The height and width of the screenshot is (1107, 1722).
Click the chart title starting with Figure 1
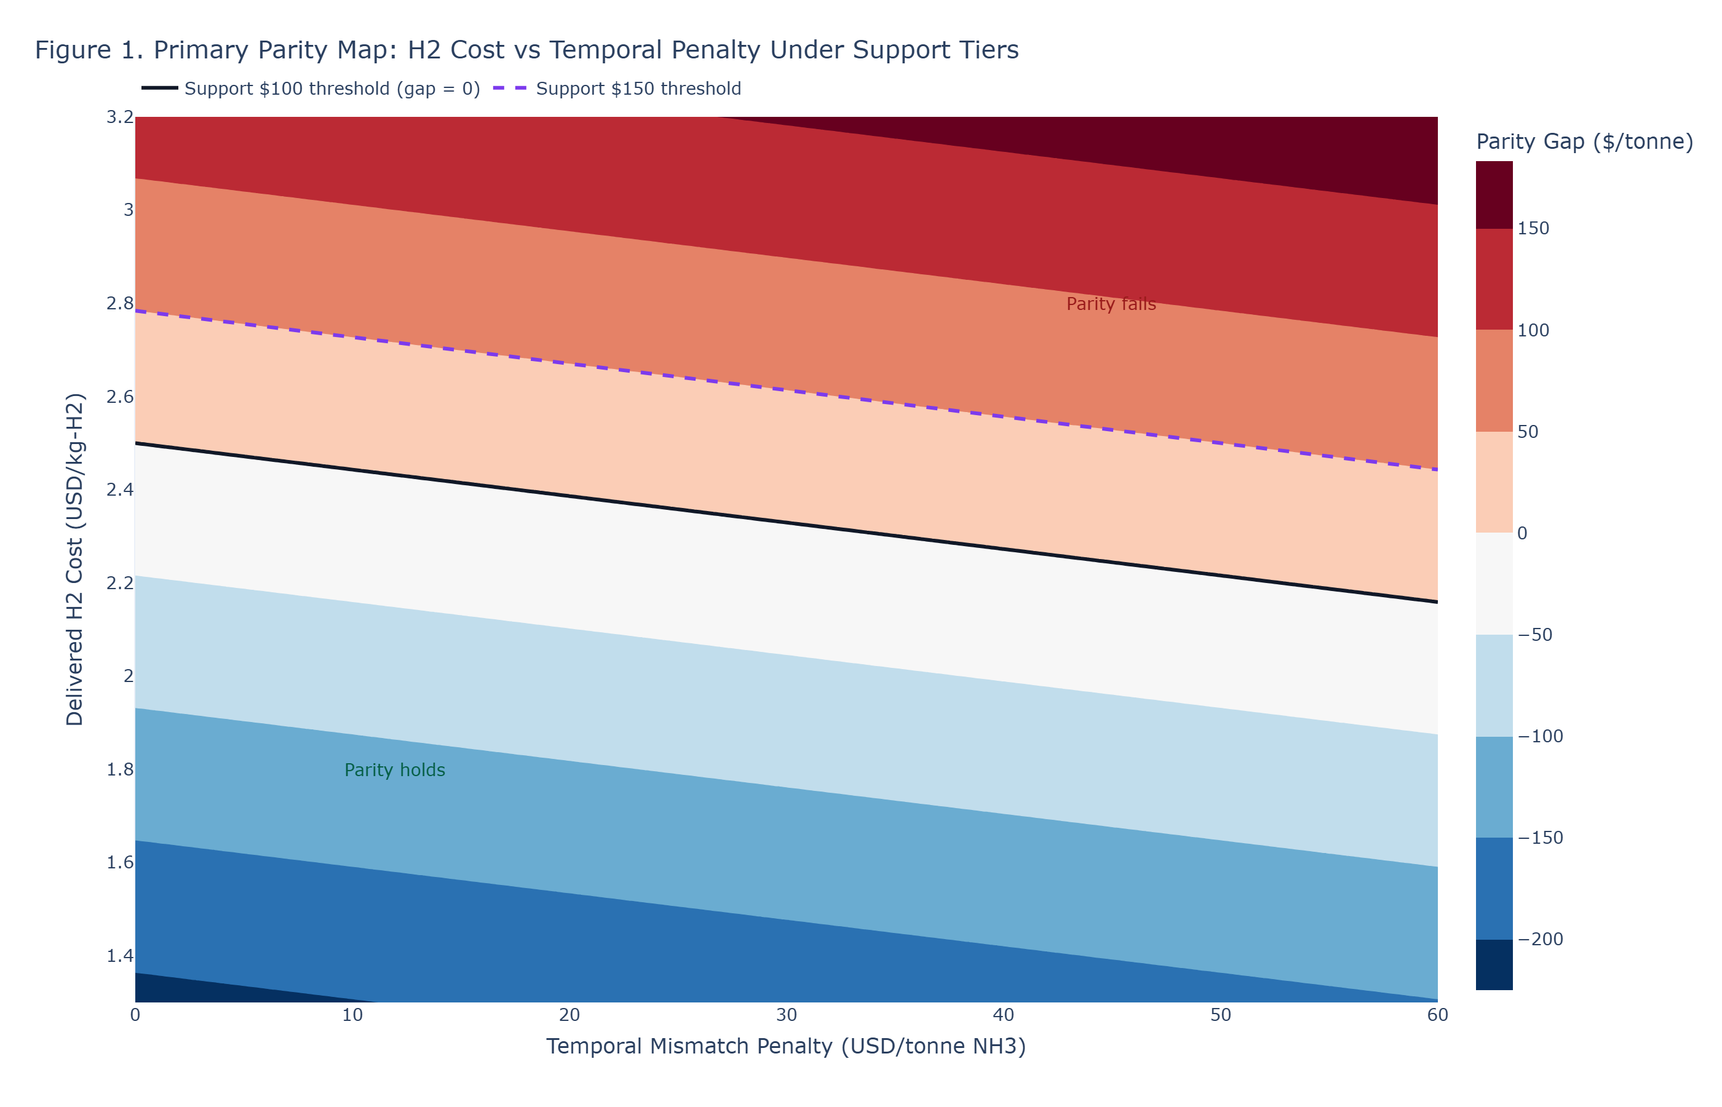point(526,50)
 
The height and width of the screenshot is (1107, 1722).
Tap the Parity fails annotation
point(1111,304)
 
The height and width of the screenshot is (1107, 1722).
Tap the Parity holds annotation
point(395,770)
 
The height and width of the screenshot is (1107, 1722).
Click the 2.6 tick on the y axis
point(120,396)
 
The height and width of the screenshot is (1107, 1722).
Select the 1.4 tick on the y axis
point(120,955)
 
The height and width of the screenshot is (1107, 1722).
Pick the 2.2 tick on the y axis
point(120,582)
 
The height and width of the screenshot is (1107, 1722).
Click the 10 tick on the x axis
point(352,1015)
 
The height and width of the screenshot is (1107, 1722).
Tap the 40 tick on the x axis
point(1003,1015)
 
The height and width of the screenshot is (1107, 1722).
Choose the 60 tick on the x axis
point(1437,1015)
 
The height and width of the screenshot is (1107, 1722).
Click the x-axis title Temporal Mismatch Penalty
point(785,1046)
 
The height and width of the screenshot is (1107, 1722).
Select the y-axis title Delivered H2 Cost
point(75,558)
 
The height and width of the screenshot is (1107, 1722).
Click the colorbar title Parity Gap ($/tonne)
point(1584,141)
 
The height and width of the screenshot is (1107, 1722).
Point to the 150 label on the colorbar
point(1533,229)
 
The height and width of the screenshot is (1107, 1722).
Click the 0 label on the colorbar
point(1522,533)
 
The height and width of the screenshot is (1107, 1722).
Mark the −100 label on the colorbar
point(1539,736)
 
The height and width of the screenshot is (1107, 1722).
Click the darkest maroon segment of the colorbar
point(1493,195)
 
